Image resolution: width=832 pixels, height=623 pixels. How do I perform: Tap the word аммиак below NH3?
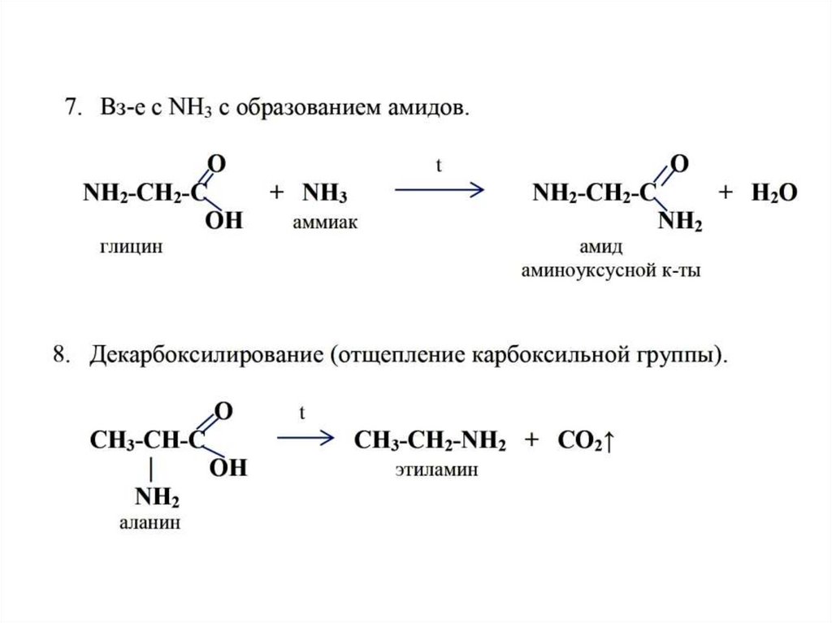point(325,222)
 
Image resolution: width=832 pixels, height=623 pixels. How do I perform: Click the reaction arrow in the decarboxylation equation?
point(305,439)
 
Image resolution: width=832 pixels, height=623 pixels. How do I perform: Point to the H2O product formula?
point(773,193)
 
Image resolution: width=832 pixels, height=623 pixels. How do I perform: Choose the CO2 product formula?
point(585,442)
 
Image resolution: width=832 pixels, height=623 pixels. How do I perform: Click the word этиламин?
point(436,469)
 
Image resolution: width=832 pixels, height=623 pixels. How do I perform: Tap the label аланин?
point(149,523)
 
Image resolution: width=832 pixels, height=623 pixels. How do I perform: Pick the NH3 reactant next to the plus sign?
point(325,194)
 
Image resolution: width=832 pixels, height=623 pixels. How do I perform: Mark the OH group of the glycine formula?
point(223,221)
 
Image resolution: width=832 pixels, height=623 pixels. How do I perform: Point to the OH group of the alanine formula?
point(228,469)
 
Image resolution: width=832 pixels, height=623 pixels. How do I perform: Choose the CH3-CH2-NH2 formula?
point(431,442)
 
